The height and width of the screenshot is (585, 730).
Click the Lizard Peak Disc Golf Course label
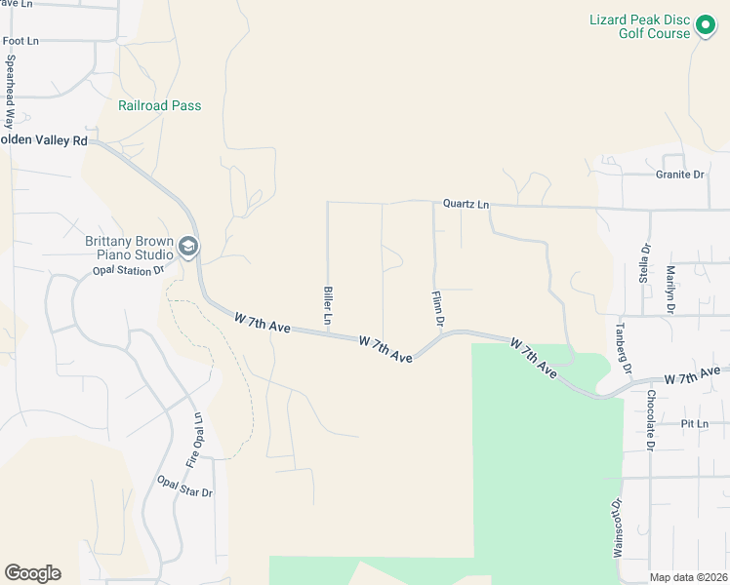[x=639, y=26]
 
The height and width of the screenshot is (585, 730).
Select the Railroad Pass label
[x=159, y=105]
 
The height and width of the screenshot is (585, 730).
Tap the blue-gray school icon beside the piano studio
[x=188, y=247]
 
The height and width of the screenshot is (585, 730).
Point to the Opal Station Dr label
[x=127, y=270]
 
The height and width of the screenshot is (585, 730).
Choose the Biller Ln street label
[x=328, y=306]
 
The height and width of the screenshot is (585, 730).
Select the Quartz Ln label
[x=466, y=205]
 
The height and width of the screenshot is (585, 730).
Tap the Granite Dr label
[x=679, y=175]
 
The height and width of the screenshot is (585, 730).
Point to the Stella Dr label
[x=644, y=260]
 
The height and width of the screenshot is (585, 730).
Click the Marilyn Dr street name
[x=670, y=288]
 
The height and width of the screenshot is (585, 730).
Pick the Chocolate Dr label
[x=649, y=420]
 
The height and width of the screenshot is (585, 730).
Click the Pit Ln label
[x=694, y=424]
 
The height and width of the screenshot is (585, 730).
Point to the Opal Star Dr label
[x=184, y=487]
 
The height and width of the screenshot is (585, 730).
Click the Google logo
[x=32, y=573]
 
